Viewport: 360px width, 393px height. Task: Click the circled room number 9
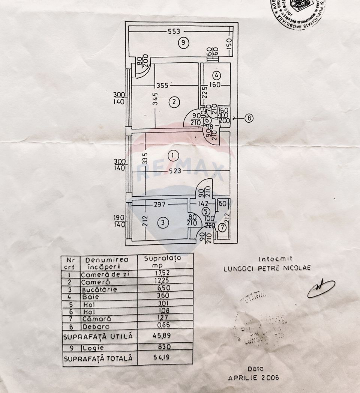click(182, 42)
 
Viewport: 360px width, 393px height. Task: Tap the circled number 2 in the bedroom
click(173, 101)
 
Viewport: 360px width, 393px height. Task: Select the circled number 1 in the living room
click(172, 155)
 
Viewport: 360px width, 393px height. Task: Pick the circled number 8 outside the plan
click(249, 118)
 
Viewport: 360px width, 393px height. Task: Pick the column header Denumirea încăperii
click(106, 262)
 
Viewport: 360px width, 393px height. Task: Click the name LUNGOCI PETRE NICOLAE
click(267, 268)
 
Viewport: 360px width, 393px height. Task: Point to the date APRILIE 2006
click(254, 378)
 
